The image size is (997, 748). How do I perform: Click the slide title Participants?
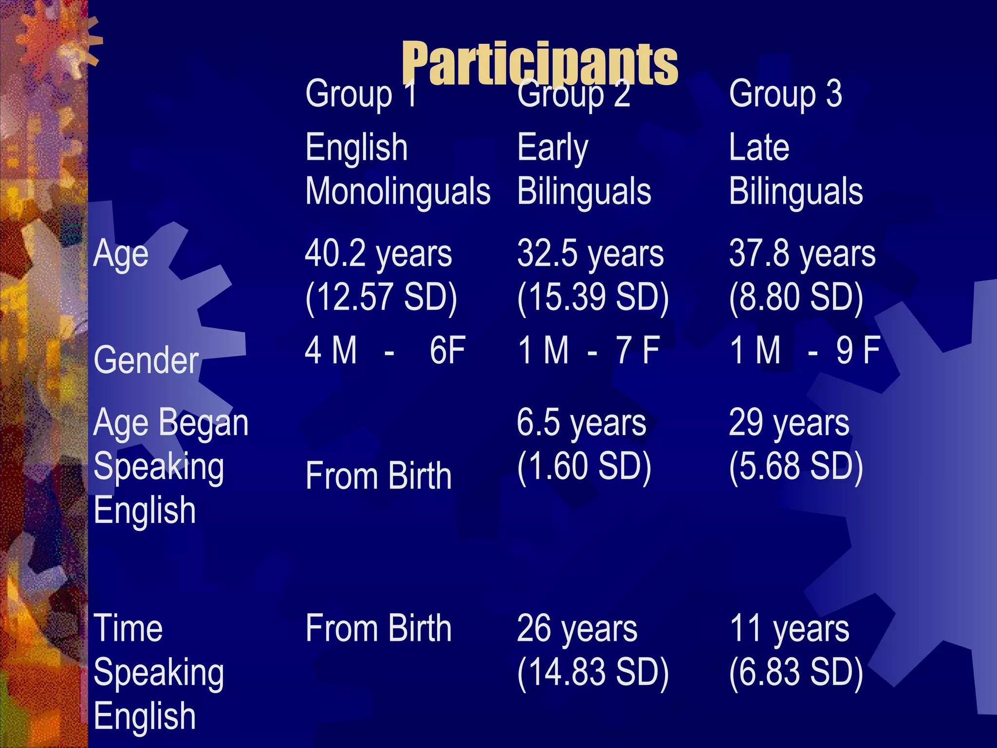[x=539, y=63]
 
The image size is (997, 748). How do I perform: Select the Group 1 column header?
[x=361, y=93]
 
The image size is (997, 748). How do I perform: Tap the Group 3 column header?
[x=785, y=93]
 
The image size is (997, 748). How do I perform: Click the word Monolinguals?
[x=398, y=191]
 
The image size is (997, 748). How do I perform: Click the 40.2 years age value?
[x=378, y=254]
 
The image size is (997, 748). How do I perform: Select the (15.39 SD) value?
[x=593, y=297]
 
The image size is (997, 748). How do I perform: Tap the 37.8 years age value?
[x=802, y=254]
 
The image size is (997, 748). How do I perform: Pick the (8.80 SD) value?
[x=796, y=297]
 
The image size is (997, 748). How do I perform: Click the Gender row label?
[x=146, y=360]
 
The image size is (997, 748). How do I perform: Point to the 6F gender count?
[x=447, y=350]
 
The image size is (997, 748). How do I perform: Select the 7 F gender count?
[x=638, y=350]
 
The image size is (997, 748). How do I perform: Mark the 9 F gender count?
[x=858, y=350]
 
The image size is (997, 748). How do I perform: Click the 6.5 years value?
[x=581, y=423]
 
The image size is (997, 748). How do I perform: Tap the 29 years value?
[x=789, y=423]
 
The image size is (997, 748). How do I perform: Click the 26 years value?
[x=577, y=629]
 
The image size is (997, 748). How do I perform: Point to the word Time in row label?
[x=128, y=629]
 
